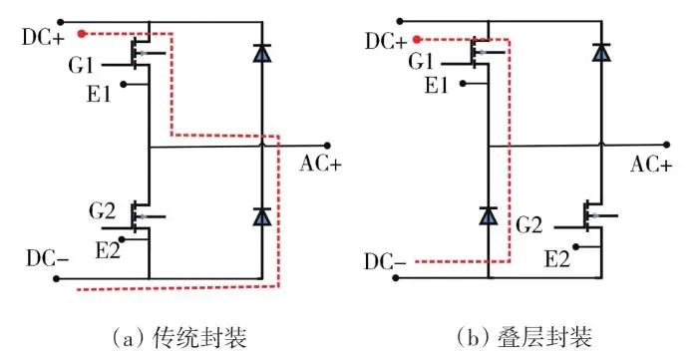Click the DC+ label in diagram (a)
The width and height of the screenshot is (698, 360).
pyautogui.click(x=43, y=38)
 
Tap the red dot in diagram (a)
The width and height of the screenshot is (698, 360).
pyautogui.click(x=81, y=33)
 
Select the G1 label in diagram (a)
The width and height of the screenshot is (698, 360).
pyautogui.click(x=81, y=65)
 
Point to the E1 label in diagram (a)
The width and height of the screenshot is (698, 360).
pyautogui.click(x=99, y=94)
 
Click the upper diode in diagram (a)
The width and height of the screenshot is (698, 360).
pyautogui.click(x=261, y=53)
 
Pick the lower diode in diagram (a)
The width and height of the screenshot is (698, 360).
pyautogui.click(x=261, y=215)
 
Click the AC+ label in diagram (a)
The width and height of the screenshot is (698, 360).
pyautogui.click(x=320, y=165)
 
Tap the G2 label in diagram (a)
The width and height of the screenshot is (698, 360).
pyautogui.click(x=103, y=211)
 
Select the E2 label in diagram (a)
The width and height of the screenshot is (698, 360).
pyautogui.click(x=108, y=251)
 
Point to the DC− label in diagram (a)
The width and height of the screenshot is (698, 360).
pyautogui.click(x=47, y=258)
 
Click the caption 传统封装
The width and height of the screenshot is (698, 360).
pyautogui.click(x=199, y=338)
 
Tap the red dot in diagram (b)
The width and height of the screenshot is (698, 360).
pyautogui.click(x=417, y=40)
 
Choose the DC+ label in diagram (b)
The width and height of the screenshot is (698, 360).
pyautogui.click(x=386, y=42)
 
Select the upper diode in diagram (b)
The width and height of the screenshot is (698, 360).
pyautogui.click(x=601, y=53)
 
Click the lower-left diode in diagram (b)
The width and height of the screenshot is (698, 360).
pyautogui.click(x=489, y=215)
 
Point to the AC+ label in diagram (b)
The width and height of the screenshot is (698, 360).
pyautogui.click(x=651, y=165)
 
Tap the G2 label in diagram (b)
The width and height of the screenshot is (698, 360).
pyautogui.click(x=529, y=225)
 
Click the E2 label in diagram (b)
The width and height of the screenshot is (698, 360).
pyautogui.click(x=557, y=259)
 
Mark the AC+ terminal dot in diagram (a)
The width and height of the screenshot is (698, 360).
pyautogui.click(x=327, y=146)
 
